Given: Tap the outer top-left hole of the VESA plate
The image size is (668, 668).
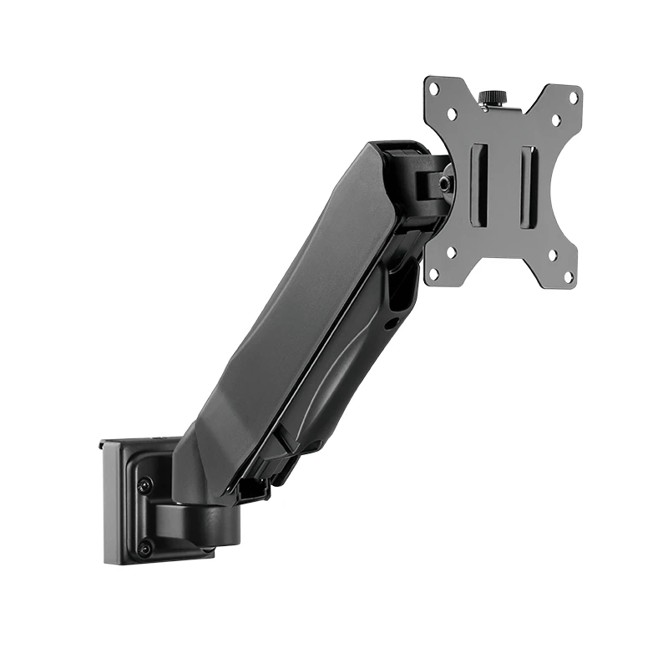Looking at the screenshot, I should tap(433, 87).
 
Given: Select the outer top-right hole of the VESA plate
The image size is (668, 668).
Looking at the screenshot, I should tap(574, 97).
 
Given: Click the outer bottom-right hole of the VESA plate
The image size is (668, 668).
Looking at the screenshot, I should tap(569, 275).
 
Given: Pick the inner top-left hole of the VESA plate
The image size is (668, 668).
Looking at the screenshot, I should tap(452, 111).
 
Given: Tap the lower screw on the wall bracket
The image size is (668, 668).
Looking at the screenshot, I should tap(145, 548).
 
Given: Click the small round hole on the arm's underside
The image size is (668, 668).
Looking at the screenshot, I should tap(389, 321).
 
